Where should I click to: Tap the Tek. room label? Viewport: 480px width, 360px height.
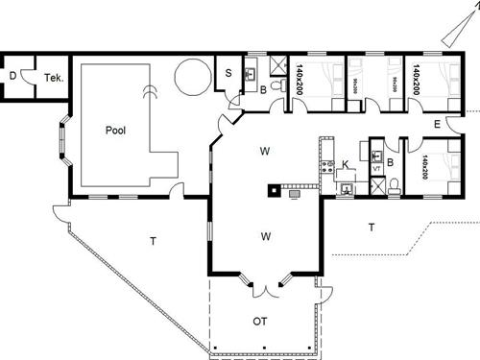(x=53, y=78)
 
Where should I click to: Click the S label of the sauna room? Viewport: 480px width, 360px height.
(x=230, y=73)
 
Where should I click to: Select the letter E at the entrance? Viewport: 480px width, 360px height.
(x=437, y=125)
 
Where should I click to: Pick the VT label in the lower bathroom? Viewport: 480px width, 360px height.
(x=376, y=168)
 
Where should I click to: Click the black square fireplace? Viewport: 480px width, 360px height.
(x=274, y=189)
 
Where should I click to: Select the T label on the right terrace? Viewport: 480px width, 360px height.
(x=371, y=227)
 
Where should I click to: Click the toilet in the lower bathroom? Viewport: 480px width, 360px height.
(x=395, y=190)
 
